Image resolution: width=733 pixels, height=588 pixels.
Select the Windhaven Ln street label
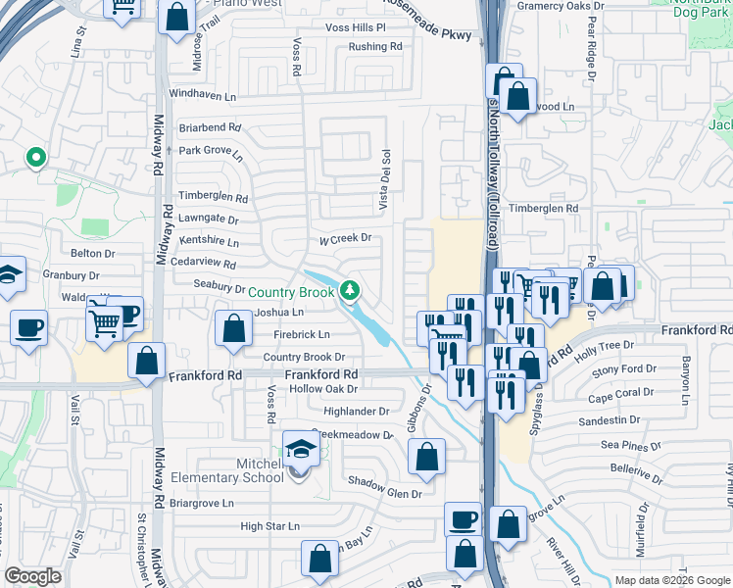(203, 95)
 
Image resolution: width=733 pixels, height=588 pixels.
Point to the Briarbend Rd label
(210, 127)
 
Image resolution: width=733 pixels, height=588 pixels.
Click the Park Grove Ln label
(210, 151)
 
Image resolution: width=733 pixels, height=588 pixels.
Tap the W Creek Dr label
(346, 237)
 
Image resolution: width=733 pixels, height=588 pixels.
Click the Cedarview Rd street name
(203, 265)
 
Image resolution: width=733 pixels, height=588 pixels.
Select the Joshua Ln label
(279, 312)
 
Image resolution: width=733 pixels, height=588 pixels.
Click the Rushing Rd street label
(375, 46)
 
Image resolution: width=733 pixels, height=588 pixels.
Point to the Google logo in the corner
(33, 575)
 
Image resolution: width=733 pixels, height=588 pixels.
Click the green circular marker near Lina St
(36, 157)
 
